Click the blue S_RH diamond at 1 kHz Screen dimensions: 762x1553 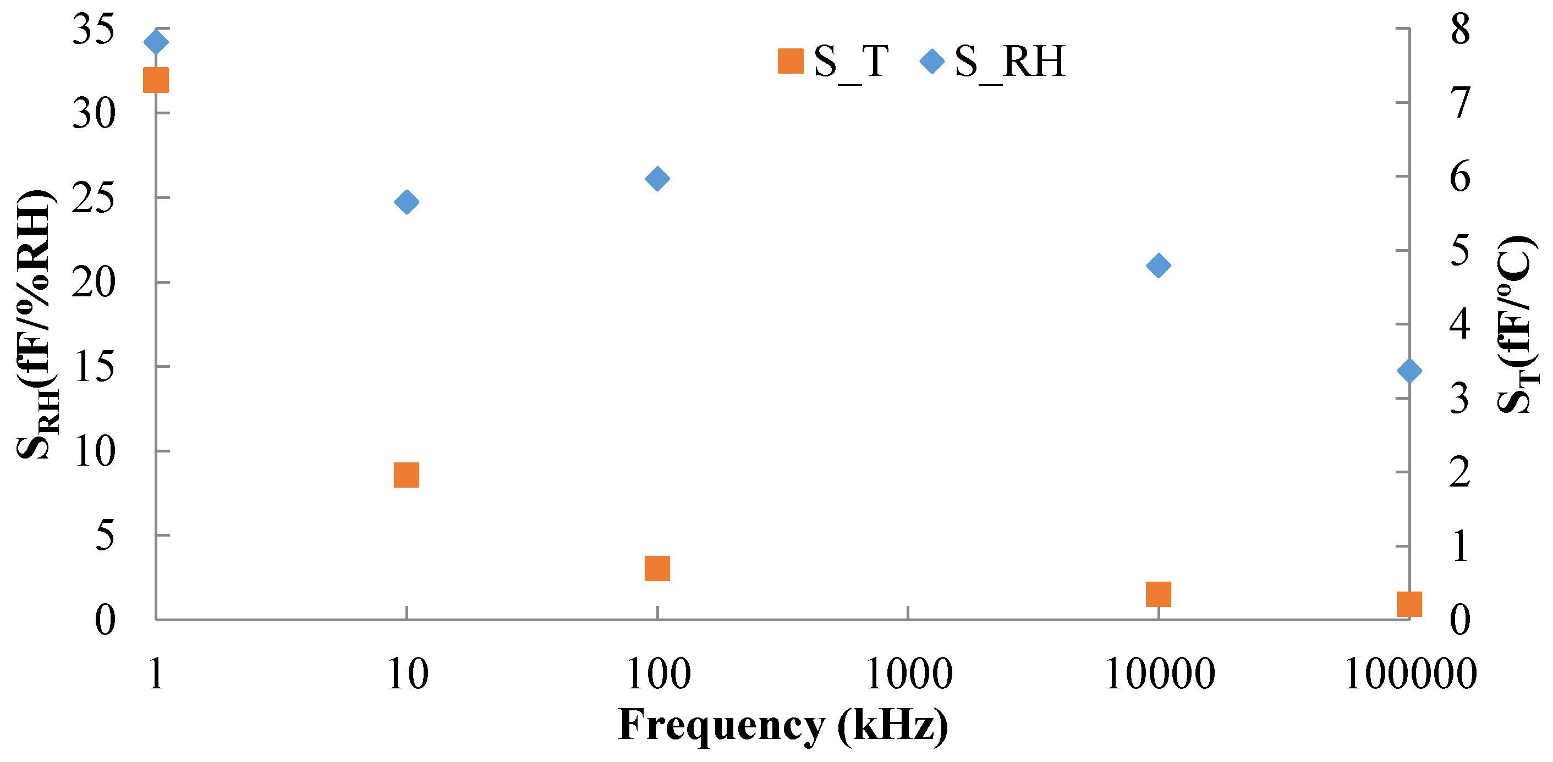[x=156, y=42]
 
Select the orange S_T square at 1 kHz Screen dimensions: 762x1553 [x=156, y=80]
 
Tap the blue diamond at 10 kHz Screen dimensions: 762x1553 [x=407, y=202]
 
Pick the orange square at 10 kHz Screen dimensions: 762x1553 [x=407, y=474]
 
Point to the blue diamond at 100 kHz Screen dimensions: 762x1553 [x=657, y=178]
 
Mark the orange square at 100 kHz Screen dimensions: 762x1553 [x=657, y=568]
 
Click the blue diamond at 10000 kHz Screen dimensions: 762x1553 [x=1158, y=265]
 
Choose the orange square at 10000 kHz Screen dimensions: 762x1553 [x=1158, y=594]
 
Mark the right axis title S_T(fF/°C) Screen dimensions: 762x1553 [x=1517, y=325]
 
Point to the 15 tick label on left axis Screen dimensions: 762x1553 [x=94, y=367]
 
